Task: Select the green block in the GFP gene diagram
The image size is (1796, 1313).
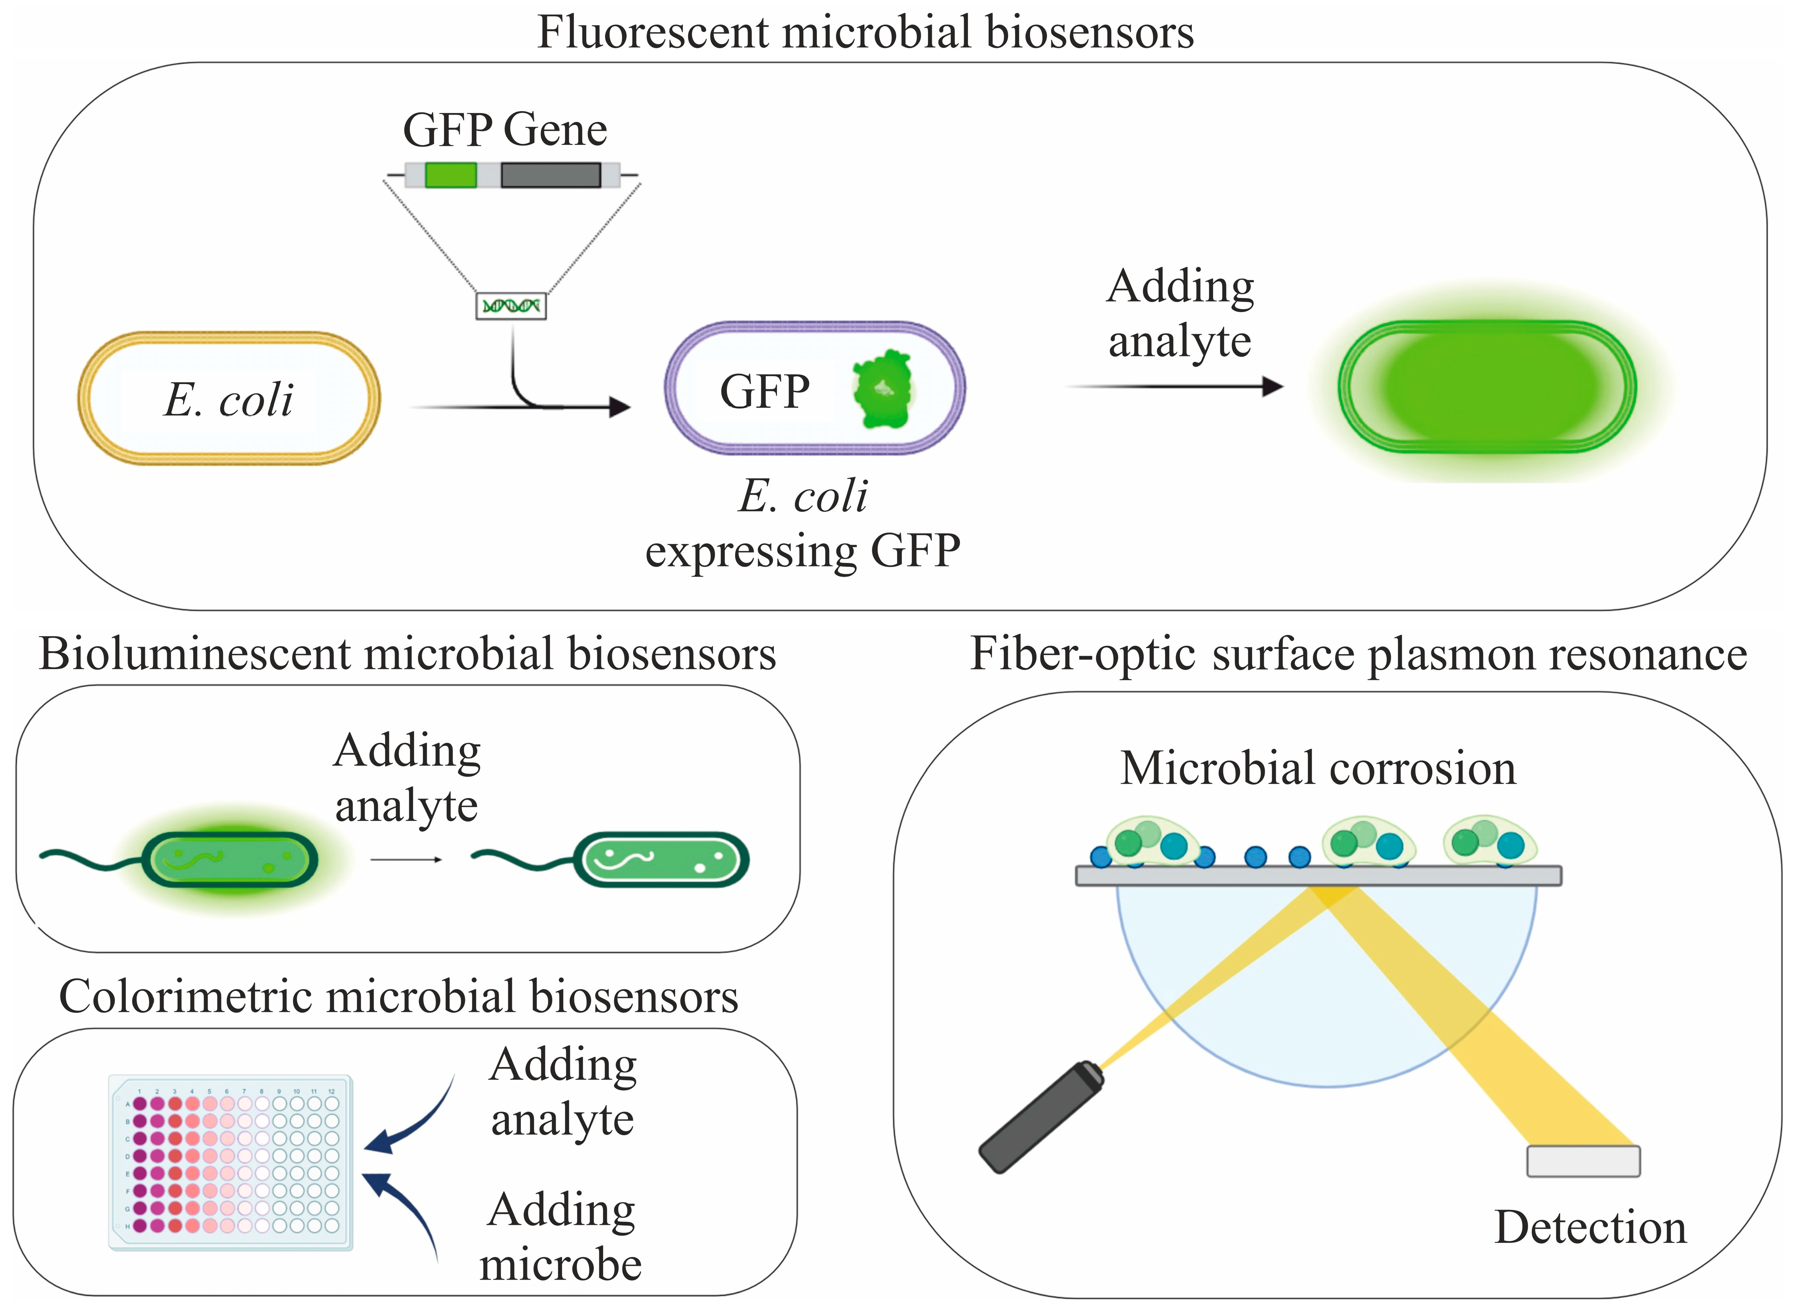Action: coord(451,175)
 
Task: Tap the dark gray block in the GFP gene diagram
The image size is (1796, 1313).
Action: coord(551,175)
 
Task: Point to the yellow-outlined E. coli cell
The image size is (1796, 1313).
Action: coord(229,398)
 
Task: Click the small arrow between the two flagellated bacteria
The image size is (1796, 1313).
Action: coord(406,859)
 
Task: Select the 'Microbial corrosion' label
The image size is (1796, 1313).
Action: coord(1318,768)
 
